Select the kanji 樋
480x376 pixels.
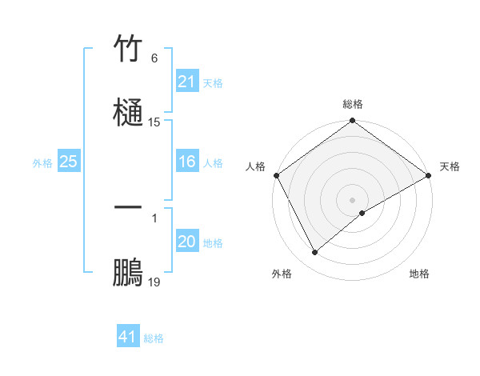click(128, 111)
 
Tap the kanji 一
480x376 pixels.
click(128, 208)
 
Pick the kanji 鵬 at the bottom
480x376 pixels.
click(128, 272)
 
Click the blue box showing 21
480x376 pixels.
click(187, 82)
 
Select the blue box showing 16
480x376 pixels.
click(187, 162)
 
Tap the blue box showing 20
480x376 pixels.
click(187, 242)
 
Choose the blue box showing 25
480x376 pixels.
click(69, 162)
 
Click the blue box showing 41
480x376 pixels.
click(128, 337)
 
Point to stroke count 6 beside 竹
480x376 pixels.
click(154, 58)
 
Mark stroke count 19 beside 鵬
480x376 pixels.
click(154, 282)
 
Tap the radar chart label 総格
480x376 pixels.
click(353, 104)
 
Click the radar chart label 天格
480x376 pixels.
click(450, 166)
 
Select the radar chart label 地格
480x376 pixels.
click(419, 274)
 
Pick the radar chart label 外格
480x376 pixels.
click(282, 274)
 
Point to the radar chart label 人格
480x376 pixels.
click(255, 166)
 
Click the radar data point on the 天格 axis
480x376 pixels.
click(429, 175)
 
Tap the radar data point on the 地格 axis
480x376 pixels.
click(362, 213)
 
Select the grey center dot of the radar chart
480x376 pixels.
click(353, 200)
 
